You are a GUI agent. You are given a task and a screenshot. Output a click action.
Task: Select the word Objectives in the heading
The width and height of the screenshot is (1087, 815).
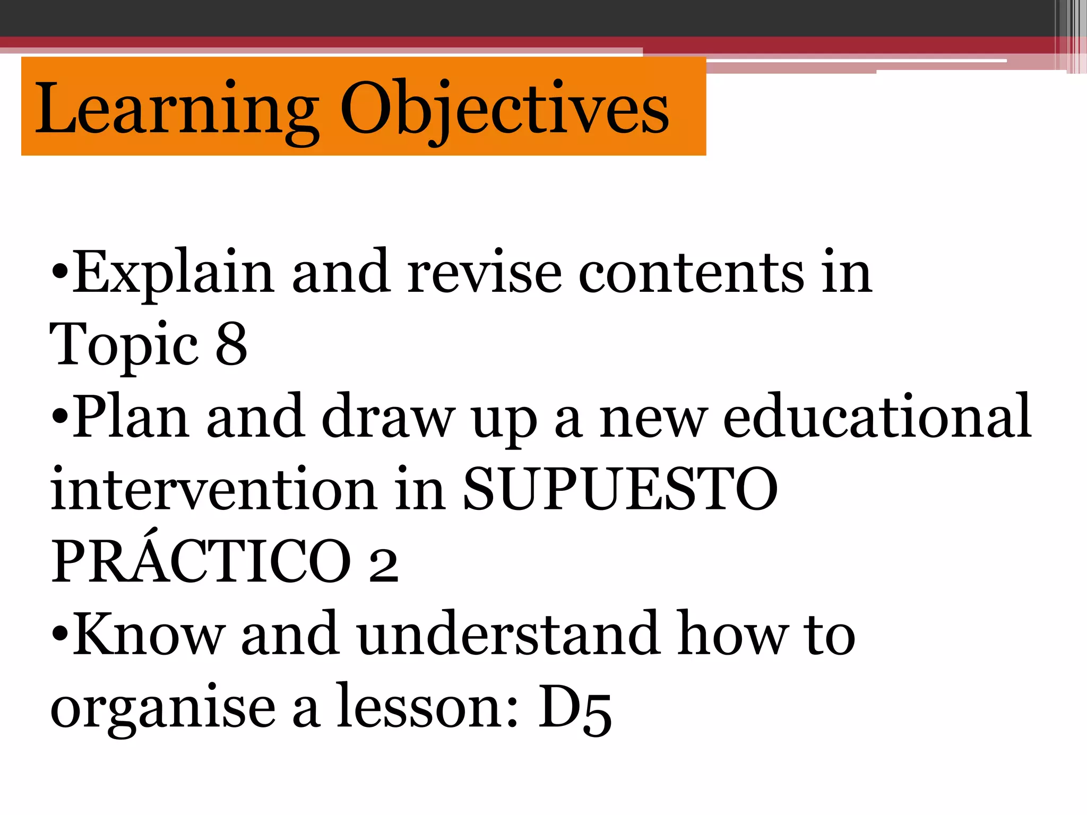[504, 109]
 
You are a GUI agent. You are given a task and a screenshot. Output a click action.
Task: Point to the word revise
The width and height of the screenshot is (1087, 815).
[484, 273]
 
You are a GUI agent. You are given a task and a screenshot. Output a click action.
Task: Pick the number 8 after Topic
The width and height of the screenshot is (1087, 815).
[231, 345]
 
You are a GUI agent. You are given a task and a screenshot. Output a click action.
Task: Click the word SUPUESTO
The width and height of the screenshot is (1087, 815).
[620, 490]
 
